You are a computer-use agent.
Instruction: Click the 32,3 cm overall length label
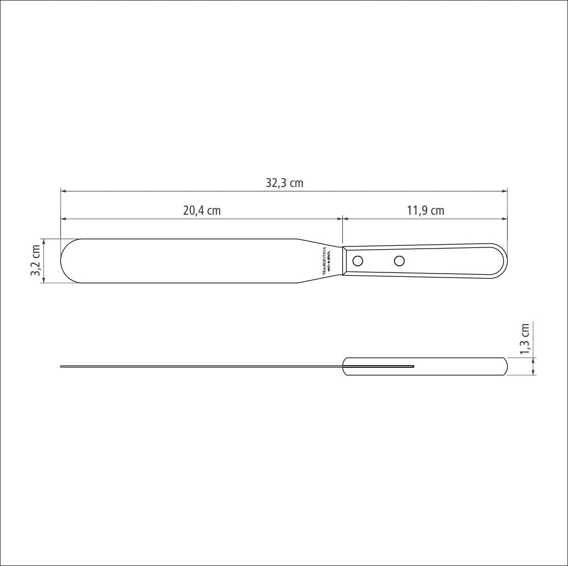tap(284, 183)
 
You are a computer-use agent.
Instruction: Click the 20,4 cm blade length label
tap(201, 211)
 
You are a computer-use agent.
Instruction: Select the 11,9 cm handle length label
tap(425, 211)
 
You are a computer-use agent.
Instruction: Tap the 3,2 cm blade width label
tap(36, 261)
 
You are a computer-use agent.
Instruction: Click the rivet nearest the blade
tap(358, 260)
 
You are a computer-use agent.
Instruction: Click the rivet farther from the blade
tap(399, 260)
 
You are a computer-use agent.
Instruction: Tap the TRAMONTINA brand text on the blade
tap(324, 261)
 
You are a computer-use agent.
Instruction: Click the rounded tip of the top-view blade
tap(63, 261)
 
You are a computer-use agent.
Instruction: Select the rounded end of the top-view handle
tap(503, 261)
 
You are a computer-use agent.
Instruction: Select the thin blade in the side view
tap(200, 366)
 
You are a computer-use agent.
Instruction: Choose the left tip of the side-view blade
tap(61, 366)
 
